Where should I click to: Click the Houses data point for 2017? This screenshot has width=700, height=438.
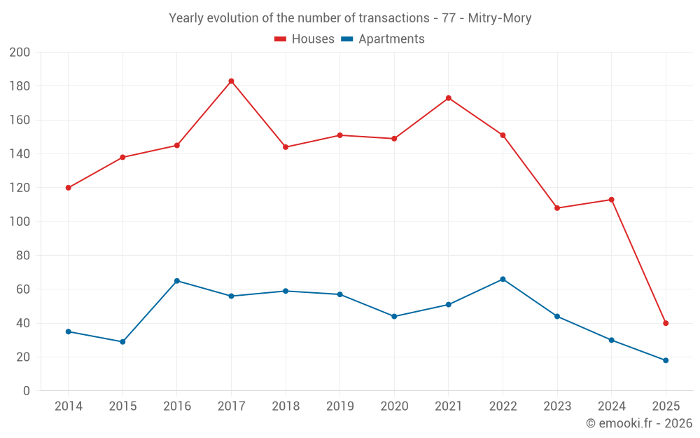point(231,81)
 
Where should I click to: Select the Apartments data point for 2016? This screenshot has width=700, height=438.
point(177,281)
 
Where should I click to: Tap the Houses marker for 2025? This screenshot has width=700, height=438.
point(666,323)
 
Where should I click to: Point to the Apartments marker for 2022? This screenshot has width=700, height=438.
point(503,279)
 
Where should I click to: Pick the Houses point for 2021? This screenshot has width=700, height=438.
point(448,98)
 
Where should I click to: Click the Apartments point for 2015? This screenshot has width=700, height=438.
point(122,342)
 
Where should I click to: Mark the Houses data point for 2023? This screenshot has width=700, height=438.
point(557,208)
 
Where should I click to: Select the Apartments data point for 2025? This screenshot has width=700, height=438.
point(666,360)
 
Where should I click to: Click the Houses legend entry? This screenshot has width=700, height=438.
point(304,39)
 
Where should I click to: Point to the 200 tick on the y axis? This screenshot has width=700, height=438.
point(20,53)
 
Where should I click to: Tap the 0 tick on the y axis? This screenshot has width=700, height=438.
point(27,391)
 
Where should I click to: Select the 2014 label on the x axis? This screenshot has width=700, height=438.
point(68,406)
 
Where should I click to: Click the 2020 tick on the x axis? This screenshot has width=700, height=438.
point(394,406)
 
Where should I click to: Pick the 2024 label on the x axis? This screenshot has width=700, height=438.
point(611,406)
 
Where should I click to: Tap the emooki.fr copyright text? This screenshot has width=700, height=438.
point(639,423)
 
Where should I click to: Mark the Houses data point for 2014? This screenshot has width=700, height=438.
point(68,188)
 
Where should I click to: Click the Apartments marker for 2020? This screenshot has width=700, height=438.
point(394,316)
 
